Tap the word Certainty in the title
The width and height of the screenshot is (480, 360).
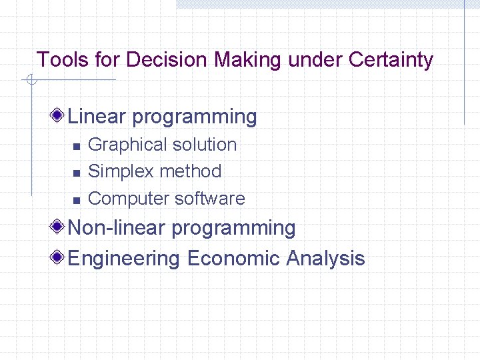pos(391,60)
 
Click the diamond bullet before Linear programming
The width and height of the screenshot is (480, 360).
pos(59,116)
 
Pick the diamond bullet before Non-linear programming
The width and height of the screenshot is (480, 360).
pos(59,227)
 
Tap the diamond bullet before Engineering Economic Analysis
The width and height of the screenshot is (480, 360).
pos(59,258)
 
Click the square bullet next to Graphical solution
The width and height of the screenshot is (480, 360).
pos(76,146)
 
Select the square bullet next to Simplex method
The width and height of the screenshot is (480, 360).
pos(76,173)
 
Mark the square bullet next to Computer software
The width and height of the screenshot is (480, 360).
pos(76,199)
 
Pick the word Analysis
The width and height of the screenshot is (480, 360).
pos(325,258)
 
